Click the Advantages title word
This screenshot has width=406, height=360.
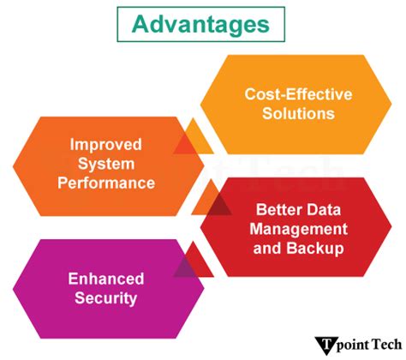click(x=200, y=24)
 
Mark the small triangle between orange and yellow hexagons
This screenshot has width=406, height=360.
click(x=194, y=138)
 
